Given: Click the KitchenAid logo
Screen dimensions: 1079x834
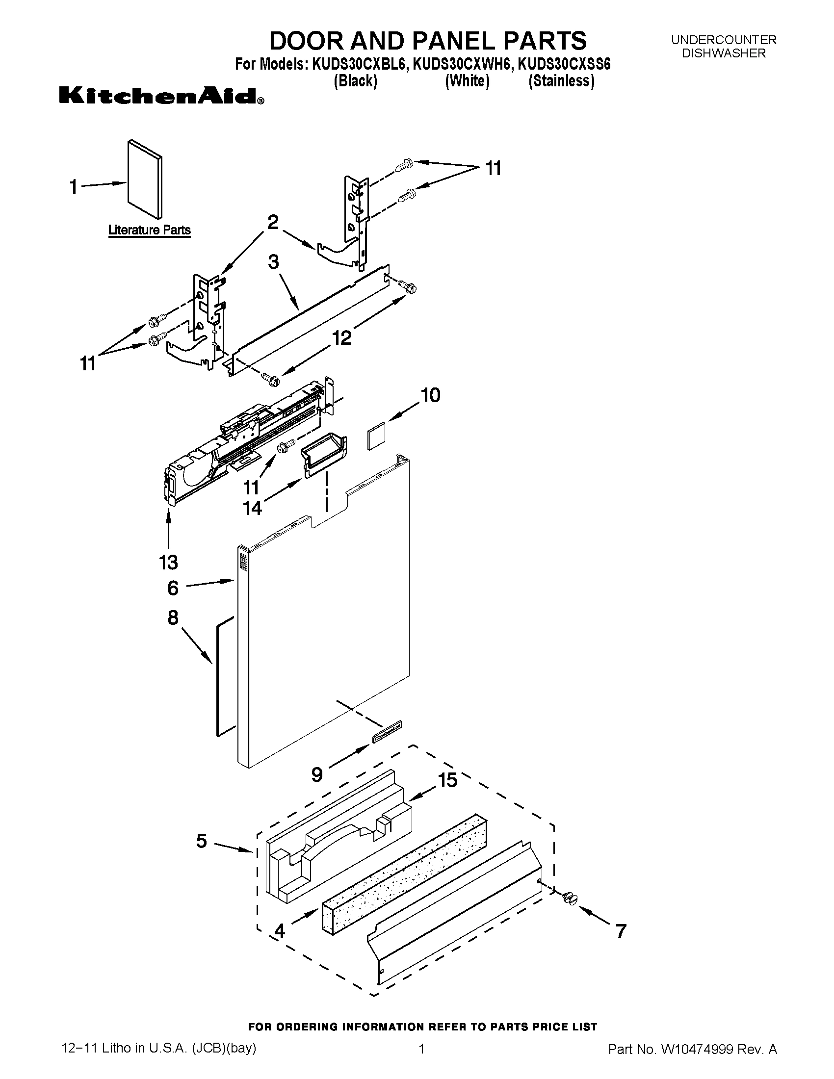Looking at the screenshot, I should [x=161, y=95].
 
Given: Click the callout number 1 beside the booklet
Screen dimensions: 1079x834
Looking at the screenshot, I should [x=74, y=187].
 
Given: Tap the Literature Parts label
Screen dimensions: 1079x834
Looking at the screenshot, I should [x=149, y=230].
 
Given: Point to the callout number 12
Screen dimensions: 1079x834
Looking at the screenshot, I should [x=341, y=338].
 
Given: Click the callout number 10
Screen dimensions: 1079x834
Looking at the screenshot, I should [x=430, y=395].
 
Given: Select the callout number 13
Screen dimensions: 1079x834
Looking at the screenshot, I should [x=168, y=562].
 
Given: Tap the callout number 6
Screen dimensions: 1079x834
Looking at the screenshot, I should [x=172, y=588].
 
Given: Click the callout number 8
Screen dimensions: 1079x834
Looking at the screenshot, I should [x=172, y=617].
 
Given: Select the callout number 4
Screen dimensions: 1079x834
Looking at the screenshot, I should [x=279, y=931].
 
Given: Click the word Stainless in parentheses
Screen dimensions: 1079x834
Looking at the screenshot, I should [x=561, y=81].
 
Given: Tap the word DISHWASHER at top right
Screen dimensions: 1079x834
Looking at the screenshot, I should [x=723, y=53].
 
